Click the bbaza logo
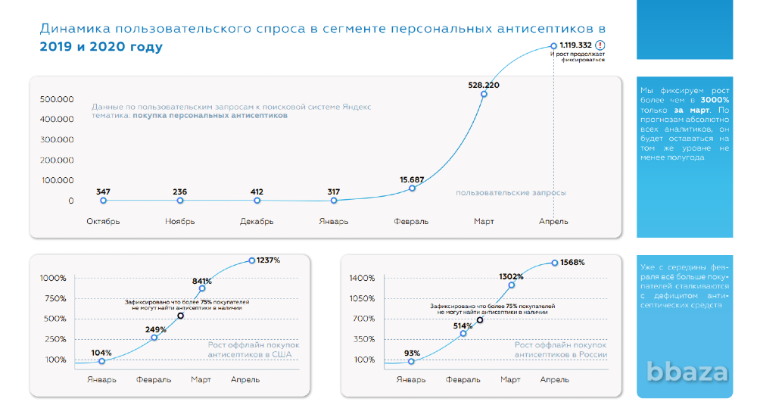click(x=687, y=372)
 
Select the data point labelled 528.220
click(x=484, y=94)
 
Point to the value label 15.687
click(x=412, y=179)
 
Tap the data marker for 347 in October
click(x=103, y=201)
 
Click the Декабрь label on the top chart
click(x=257, y=221)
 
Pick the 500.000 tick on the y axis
click(x=57, y=99)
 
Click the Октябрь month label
click(x=103, y=221)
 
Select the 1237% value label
click(x=269, y=260)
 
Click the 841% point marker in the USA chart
click(x=201, y=288)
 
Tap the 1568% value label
click(x=572, y=262)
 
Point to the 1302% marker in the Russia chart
click(x=511, y=285)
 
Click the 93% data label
click(x=412, y=353)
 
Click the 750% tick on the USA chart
click(x=54, y=298)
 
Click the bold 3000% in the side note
click(x=715, y=100)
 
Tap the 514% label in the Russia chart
click(x=463, y=325)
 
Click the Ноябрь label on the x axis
click(x=179, y=221)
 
